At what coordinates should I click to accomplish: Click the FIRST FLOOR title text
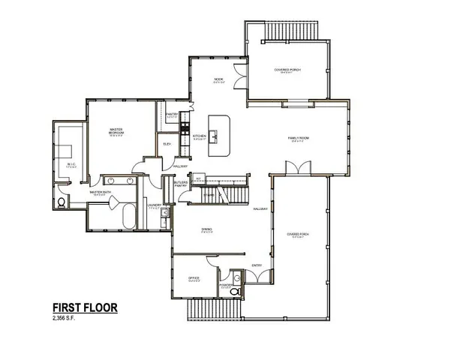point(84,307)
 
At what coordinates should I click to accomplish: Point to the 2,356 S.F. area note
point(66,318)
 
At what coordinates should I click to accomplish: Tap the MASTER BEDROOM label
point(116,132)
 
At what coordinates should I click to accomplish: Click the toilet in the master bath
point(62,202)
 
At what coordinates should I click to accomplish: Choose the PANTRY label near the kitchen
point(172,115)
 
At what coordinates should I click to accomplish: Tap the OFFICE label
point(194,278)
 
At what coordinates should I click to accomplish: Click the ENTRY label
point(255,264)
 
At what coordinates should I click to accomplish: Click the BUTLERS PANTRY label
point(180,184)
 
